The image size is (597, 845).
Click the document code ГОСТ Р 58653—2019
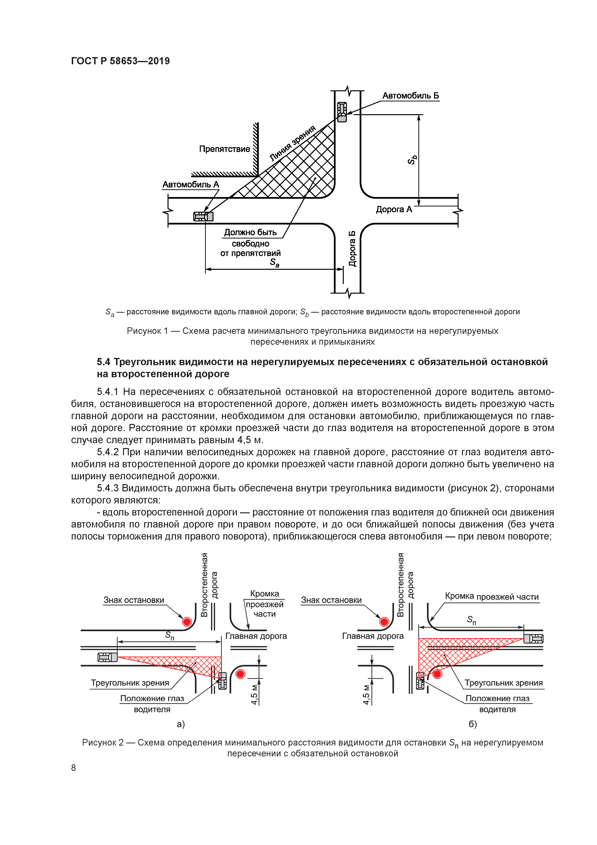click(x=120, y=61)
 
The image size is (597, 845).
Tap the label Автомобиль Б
click(x=410, y=96)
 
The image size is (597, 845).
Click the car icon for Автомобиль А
click(x=203, y=216)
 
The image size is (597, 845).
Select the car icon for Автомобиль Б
click(x=342, y=112)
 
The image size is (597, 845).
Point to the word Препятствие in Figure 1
click(x=224, y=149)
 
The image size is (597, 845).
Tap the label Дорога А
click(x=394, y=209)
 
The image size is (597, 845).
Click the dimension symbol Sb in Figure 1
click(x=412, y=159)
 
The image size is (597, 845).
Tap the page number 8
click(x=74, y=767)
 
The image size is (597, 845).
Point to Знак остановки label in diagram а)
click(x=134, y=600)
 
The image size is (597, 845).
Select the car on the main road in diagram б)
click(x=533, y=639)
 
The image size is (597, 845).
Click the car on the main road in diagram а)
click(x=107, y=657)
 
